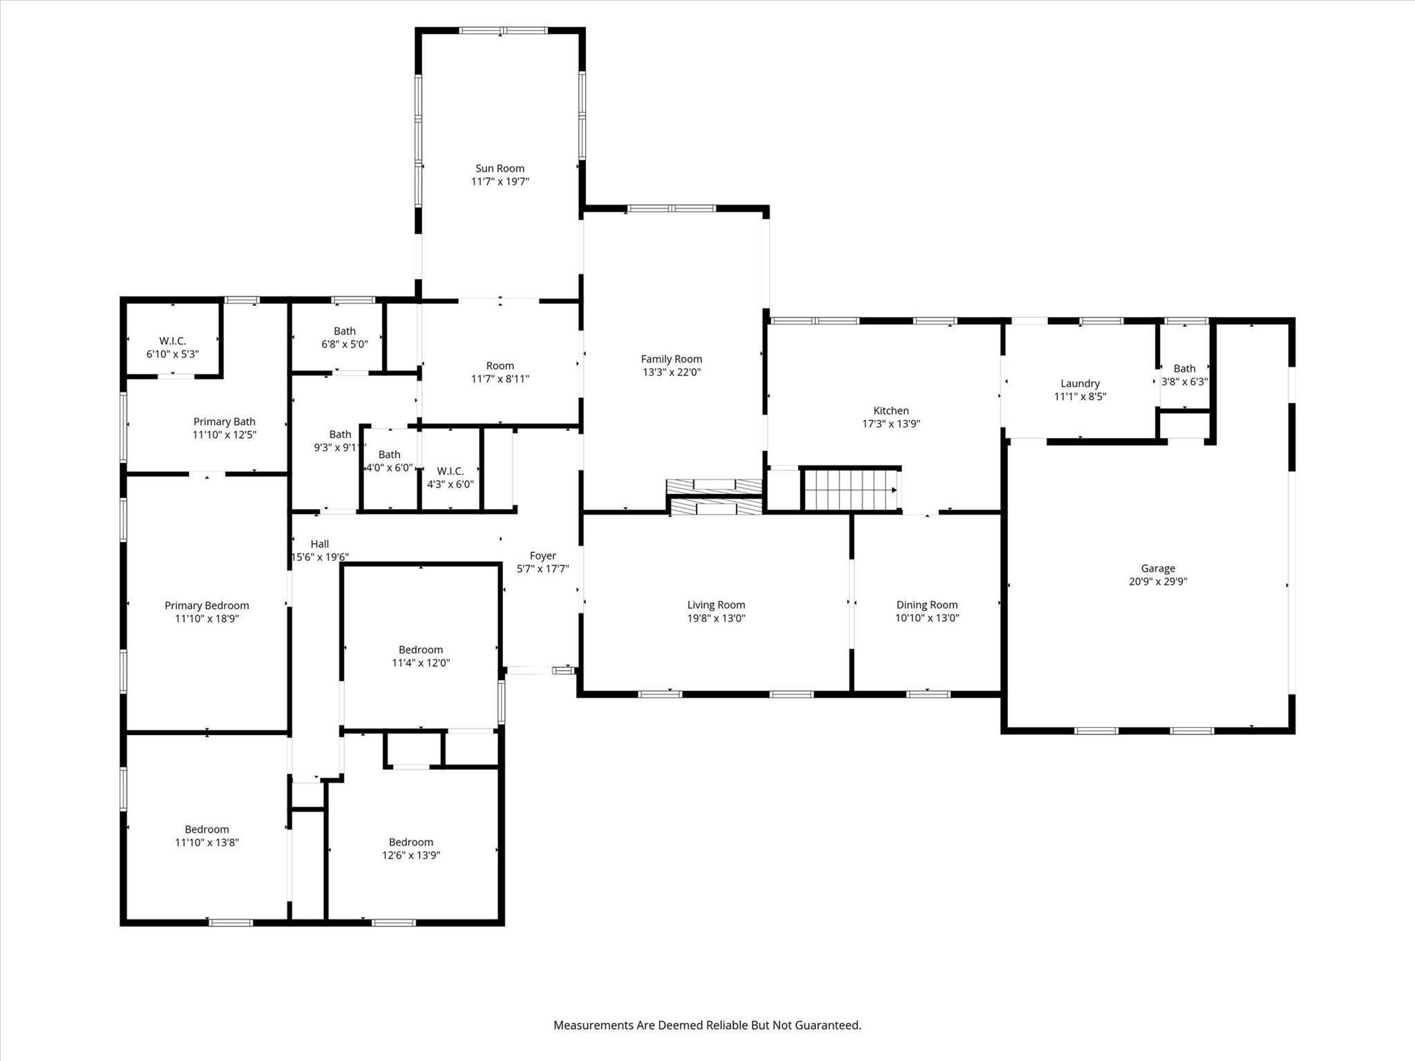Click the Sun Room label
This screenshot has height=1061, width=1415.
500,169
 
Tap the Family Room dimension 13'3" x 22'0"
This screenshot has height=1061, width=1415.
671,372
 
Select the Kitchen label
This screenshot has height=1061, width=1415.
891,411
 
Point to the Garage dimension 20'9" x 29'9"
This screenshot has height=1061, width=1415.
1158,582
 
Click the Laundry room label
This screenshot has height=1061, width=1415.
1080,384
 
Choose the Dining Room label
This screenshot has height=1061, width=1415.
927,605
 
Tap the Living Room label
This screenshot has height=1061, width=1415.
716,605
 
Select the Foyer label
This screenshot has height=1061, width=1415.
542,556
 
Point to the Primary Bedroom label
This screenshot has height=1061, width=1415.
207,606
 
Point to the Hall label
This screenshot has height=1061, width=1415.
320,544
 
